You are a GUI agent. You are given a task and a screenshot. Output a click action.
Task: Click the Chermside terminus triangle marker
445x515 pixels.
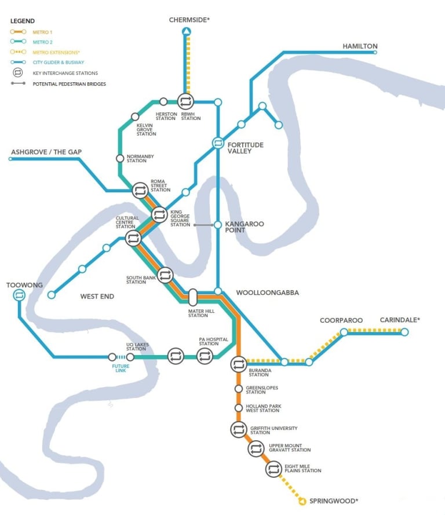pyautogui.click(x=186, y=32)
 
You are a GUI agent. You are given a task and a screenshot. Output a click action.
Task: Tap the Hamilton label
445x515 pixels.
pyautogui.click(x=360, y=46)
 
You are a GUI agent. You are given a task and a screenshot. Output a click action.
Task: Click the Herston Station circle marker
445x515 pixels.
pyautogui.click(x=163, y=102)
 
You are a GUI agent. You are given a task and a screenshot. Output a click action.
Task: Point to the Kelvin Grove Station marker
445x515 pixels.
pyautogui.click(x=135, y=116)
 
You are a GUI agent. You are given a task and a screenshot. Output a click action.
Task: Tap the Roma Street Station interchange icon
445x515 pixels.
pyautogui.click(x=140, y=190)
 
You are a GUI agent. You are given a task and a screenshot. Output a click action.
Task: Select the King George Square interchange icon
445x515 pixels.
pyautogui.click(x=159, y=215)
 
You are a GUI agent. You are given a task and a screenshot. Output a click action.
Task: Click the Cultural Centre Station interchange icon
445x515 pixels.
pyautogui.click(x=133, y=238)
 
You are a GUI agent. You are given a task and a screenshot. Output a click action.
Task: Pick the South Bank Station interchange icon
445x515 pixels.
pyautogui.click(x=165, y=275)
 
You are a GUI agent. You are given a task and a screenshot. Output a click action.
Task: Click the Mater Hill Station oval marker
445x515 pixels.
pyautogui.click(x=193, y=297)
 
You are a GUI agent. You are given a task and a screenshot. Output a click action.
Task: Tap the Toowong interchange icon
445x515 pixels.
pyautogui.click(x=19, y=295)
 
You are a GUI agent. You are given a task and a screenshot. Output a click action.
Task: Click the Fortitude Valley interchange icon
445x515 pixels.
pyautogui.click(x=218, y=142)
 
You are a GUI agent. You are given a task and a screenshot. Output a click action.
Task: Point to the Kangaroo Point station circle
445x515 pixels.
pyautogui.click(x=218, y=225)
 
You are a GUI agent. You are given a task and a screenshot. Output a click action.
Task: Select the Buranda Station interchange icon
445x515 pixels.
pyautogui.click(x=238, y=364)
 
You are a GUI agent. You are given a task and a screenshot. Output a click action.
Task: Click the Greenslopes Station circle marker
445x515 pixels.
pyautogui.click(x=238, y=389)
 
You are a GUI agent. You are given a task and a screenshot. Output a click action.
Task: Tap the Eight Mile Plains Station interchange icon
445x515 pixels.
pyautogui.click(x=273, y=469)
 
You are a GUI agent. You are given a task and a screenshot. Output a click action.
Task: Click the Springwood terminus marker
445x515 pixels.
pyautogui.click(x=302, y=501)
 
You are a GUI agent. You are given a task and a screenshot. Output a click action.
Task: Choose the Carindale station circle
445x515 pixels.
pyautogui.click(x=404, y=332)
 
